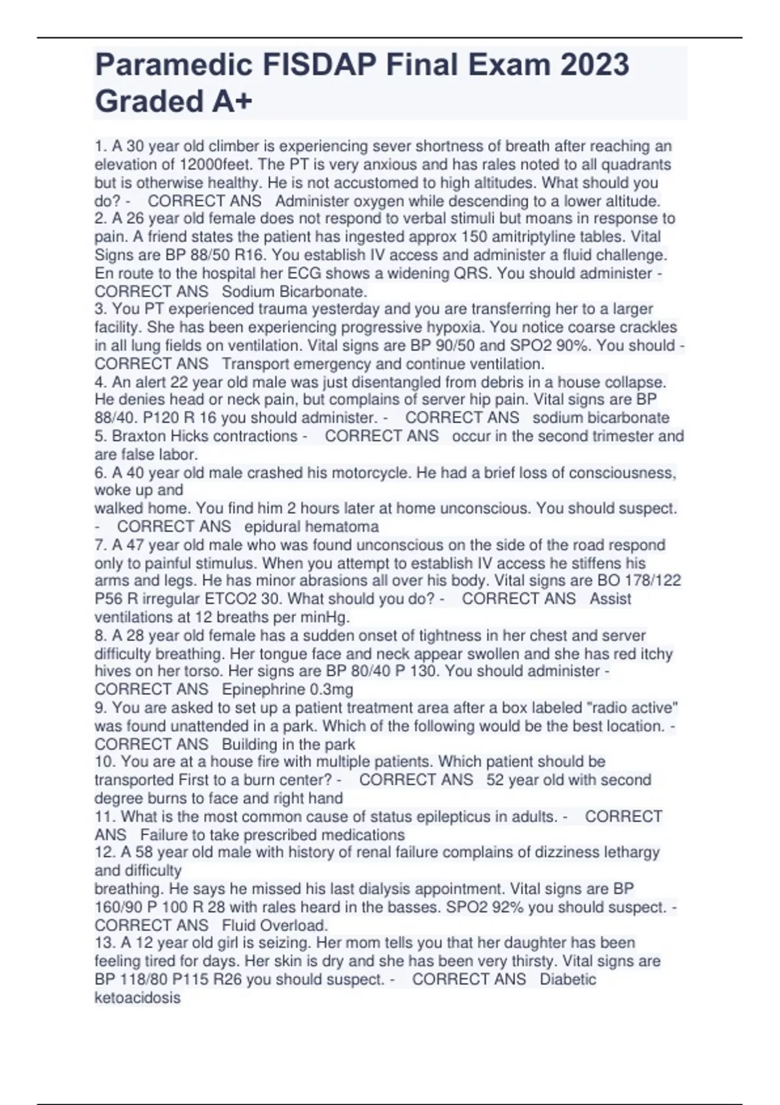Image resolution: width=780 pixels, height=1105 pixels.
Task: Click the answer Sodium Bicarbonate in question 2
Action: click(294, 291)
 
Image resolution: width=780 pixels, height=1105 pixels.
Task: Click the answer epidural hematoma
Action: click(311, 526)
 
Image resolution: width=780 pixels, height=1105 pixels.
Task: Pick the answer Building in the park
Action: click(289, 744)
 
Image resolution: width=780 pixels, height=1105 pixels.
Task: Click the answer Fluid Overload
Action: click(274, 925)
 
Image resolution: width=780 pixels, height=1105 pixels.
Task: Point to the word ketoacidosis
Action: click(137, 997)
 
